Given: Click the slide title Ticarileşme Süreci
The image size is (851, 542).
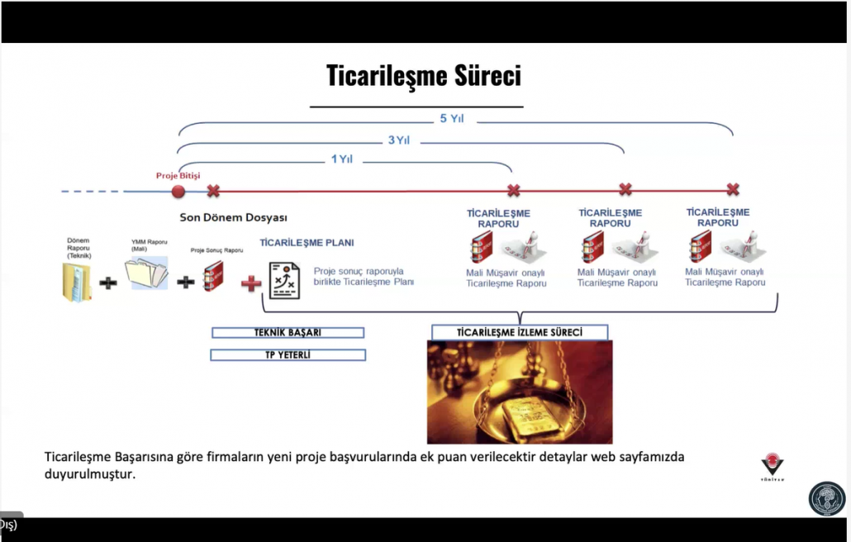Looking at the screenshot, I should pyautogui.click(x=424, y=77).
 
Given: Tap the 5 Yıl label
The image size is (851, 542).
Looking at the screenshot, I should pyautogui.click(x=451, y=118).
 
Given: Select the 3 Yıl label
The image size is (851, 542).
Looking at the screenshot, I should pyautogui.click(x=398, y=140).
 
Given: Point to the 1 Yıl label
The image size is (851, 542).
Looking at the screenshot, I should pyautogui.click(x=341, y=159).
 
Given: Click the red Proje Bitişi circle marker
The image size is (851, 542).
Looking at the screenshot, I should pyautogui.click(x=178, y=191).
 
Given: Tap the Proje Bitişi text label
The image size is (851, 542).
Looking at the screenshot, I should pyautogui.click(x=178, y=175).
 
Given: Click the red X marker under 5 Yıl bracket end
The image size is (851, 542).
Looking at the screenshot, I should pyautogui.click(x=732, y=190).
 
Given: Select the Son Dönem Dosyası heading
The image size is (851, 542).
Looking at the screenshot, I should pyautogui.click(x=233, y=217).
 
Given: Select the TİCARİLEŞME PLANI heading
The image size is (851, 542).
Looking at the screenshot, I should pyautogui.click(x=307, y=243).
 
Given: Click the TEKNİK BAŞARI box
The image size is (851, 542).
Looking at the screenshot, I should pyautogui.click(x=288, y=332).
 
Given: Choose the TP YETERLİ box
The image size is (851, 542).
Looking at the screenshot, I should pyautogui.click(x=288, y=354).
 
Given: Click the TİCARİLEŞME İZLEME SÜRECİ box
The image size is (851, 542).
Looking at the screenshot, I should pyautogui.click(x=520, y=332).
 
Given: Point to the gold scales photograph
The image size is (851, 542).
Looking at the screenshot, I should pyautogui.click(x=520, y=392).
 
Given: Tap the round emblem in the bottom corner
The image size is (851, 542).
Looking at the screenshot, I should pyautogui.click(x=826, y=499).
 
